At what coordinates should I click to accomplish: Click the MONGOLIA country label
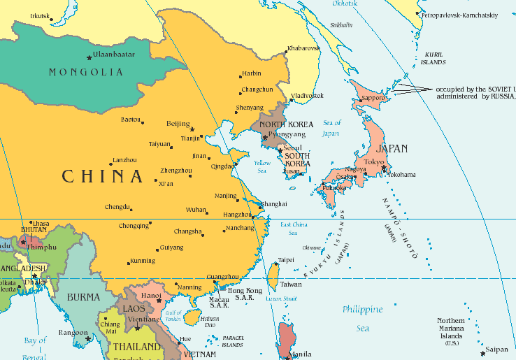[x=86, y=72]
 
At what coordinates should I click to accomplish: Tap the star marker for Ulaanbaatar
[x=89, y=57]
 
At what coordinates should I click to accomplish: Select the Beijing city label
[x=178, y=124]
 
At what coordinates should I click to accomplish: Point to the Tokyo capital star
[x=384, y=168]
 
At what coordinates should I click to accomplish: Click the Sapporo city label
[x=374, y=98]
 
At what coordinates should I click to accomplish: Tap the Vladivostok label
[x=307, y=95]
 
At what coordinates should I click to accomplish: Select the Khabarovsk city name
[x=303, y=48]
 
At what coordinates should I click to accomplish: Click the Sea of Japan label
[x=332, y=128]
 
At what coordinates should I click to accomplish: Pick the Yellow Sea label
[x=261, y=166]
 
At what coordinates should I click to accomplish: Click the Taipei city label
[x=286, y=260]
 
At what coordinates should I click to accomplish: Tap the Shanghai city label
[x=273, y=203]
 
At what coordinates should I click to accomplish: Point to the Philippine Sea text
[x=362, y=318]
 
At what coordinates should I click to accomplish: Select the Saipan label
[x=497, y=350]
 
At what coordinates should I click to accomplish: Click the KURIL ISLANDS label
[x=433, y=58]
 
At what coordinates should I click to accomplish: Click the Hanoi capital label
[x=151, y=296]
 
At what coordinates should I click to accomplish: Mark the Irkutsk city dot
[x=51, y=20]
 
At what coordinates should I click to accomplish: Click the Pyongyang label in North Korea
[x=287, y=134]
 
